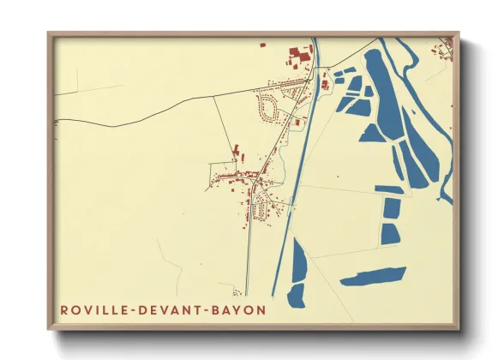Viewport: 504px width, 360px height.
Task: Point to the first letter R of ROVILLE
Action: pyautogui.click(x=64, y=309)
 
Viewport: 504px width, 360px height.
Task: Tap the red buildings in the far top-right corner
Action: pyautogui.click(x=447, y=50)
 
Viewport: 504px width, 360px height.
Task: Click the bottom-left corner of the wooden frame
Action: pyautogui.click(x=49, y=328)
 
